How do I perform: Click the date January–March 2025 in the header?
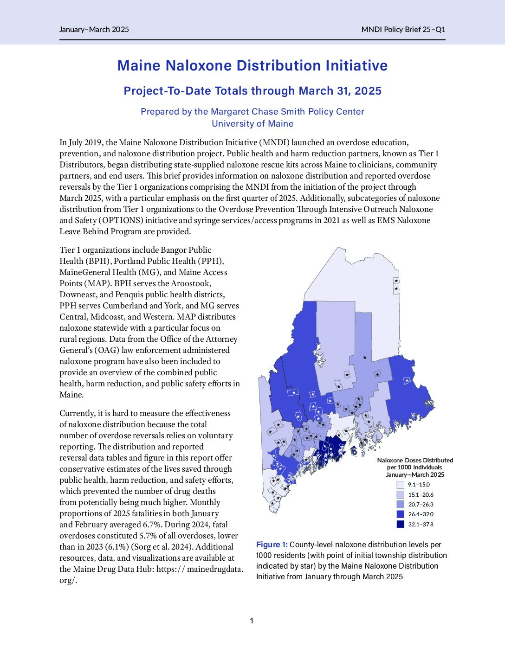point(94,30)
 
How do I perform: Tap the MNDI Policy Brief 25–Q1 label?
point(403,30)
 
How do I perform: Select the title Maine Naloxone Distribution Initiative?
point(252,66)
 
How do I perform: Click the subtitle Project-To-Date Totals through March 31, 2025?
point(252,91)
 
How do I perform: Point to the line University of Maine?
point(252,124)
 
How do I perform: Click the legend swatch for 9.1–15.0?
point(401,485)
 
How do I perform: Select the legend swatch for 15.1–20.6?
point(401,495)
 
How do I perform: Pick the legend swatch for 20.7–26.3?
point(401,505)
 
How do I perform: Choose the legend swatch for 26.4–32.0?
point(401,514)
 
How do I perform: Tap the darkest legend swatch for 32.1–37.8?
point(401,525)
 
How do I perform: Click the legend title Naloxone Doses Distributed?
point(415,461)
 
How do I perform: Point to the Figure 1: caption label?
point(272,544)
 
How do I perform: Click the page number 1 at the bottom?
point(252,621)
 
